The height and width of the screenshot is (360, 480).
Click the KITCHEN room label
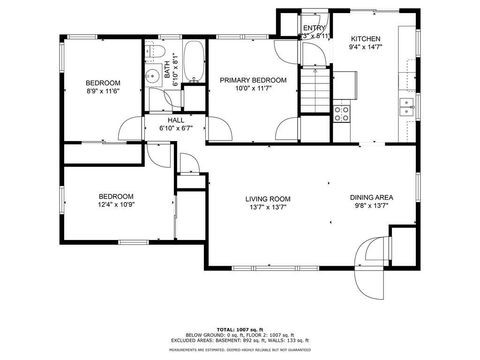365,38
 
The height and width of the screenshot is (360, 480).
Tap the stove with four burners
341,111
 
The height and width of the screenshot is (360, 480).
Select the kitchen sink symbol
406,104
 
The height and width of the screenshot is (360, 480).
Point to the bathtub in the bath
193,62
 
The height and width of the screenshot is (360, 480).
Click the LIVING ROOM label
267,198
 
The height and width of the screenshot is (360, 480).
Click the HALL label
175,119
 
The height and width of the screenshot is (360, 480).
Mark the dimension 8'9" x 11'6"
102,92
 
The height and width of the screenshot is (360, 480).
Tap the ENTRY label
314,27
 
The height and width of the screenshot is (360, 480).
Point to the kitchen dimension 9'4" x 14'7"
365,47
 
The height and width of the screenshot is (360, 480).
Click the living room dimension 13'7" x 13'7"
267,207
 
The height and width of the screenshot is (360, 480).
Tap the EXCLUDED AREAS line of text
239,340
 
